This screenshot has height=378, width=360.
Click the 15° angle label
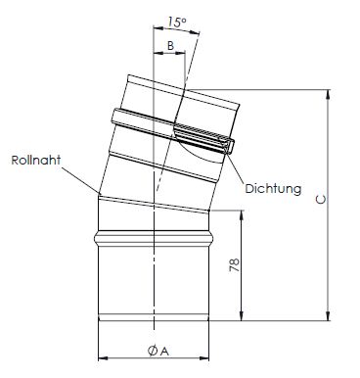(177, 23)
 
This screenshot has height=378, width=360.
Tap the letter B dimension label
(170, 46)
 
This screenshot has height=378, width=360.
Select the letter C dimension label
(321, 200)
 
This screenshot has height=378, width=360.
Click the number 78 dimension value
(235, 265)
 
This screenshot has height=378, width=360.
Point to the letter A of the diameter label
(165, 352)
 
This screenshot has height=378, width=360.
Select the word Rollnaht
(36, 161)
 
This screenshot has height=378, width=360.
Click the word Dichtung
(273, 189)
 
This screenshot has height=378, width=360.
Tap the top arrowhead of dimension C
(328, 94)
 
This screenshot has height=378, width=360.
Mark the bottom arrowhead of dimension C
(328, 315)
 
